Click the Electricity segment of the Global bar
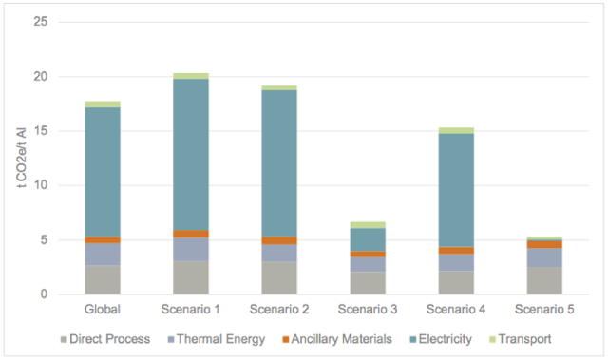(103, 172)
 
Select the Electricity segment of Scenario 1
(191, 155)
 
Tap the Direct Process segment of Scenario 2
(279, 278)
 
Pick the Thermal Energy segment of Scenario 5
(544, 257)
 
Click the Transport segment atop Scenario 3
(368, 225)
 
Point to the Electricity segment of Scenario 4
(456, 190)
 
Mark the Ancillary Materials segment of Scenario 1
(191, 234)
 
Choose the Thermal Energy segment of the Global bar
(103, 255)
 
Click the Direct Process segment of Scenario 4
(456, 282)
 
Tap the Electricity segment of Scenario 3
(368, 240)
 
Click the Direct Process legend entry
(105, 339)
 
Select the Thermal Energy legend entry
(217, 339)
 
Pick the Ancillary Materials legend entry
(337, 339)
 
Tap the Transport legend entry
(521, 339)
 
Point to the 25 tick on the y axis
(41, 21)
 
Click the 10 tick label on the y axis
(41, 185)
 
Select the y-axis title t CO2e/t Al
(22, 158)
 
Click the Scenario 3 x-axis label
(368, 310)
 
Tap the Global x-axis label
(103, 310)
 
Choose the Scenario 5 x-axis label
(544, 310)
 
